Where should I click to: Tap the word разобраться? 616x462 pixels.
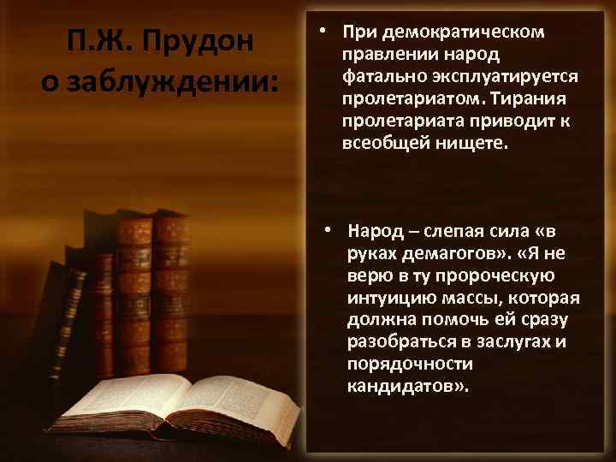396,342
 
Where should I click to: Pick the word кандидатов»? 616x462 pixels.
408,387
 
